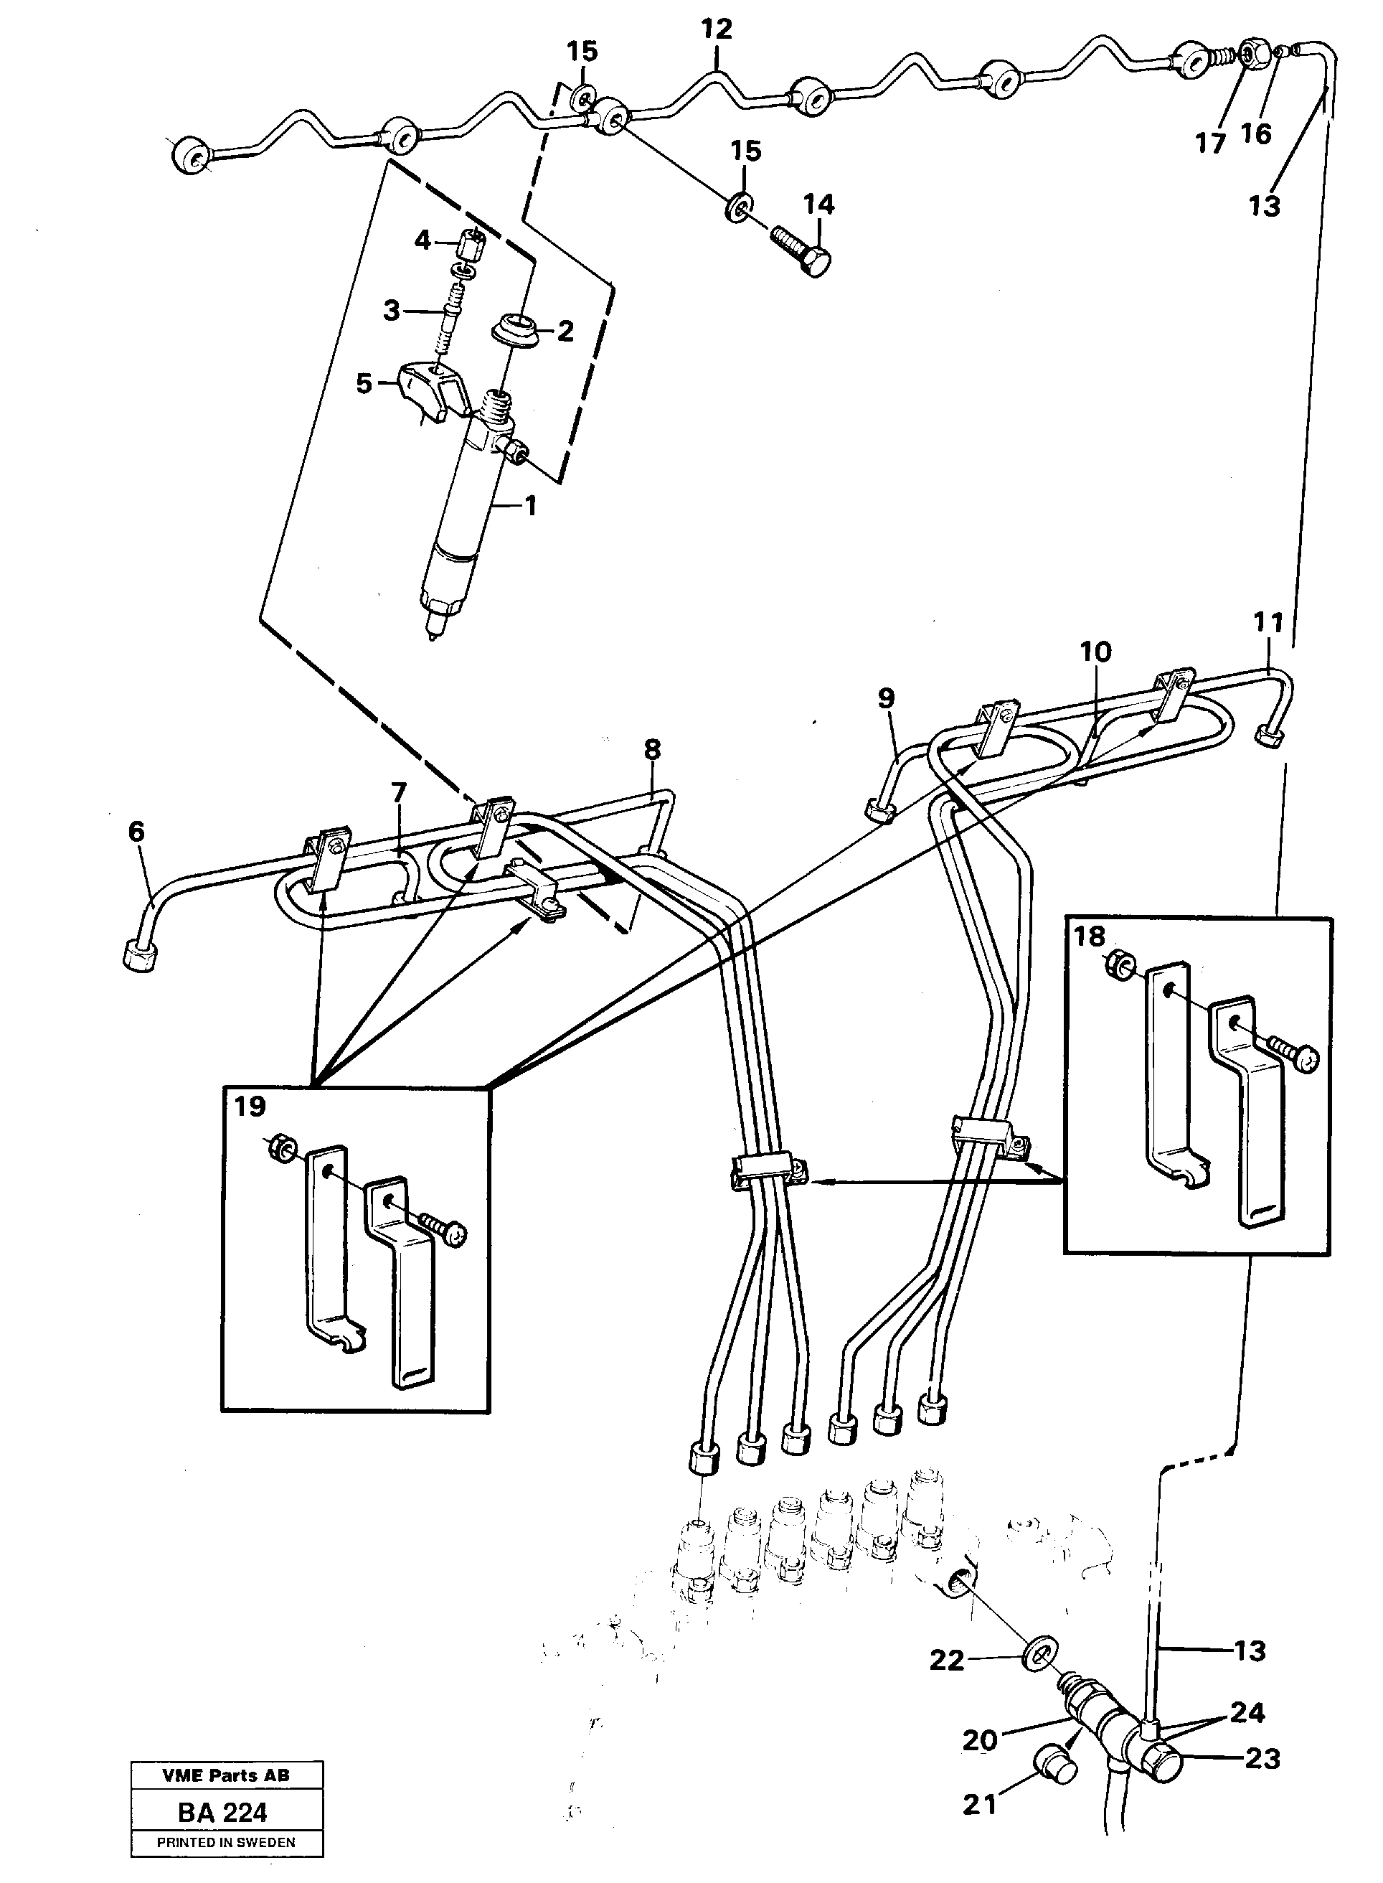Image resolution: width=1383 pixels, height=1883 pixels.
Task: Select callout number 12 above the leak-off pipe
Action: click(x=716, y=29)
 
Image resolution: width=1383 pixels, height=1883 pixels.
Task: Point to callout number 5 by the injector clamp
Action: click(x=364, y=385)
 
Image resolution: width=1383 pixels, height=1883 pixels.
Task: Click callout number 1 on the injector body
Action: click(x=529, y=506)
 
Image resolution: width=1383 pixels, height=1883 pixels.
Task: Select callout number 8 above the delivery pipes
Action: click(x=652, y=748)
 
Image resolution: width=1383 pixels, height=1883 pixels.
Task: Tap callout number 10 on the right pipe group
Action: click(x=1095, y=652)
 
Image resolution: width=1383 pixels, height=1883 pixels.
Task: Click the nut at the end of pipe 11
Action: click(x=1270, y=737)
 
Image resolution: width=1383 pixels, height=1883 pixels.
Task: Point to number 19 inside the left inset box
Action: click(x=250, y=1106)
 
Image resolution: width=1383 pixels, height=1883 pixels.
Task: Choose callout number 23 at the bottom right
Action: click(x=1262, y=1758)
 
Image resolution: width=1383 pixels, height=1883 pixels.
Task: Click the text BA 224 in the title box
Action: click(x=222, y=1813)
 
